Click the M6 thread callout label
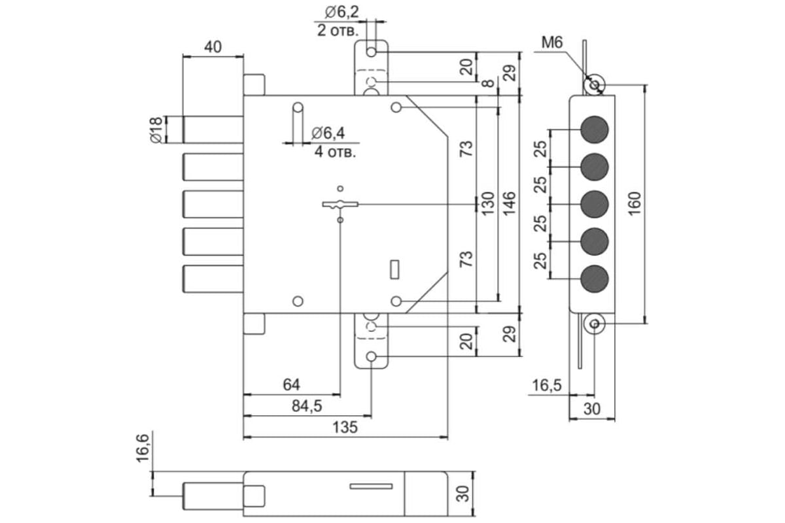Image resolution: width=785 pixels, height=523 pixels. pos(552,43)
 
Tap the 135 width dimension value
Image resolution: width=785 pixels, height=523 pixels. pos(345,427)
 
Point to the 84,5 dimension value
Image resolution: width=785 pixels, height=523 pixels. pos(306,406)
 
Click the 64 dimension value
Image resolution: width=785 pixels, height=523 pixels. pos(291,384)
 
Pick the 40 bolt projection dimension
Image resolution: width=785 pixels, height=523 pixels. pos(213,46)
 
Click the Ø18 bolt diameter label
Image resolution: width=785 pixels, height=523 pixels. pos(155,129)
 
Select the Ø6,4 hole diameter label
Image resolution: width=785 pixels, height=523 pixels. pos(328,133)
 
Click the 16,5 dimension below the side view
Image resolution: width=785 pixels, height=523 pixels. pos(547,385)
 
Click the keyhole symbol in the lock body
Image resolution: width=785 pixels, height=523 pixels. pos(340,205)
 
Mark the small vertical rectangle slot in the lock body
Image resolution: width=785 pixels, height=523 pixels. pos(394,269)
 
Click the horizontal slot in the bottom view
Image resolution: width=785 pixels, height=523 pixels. pos(371,486)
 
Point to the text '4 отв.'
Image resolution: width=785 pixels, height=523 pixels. pos(335,152)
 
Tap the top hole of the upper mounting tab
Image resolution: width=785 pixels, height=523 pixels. pos(372,52)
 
